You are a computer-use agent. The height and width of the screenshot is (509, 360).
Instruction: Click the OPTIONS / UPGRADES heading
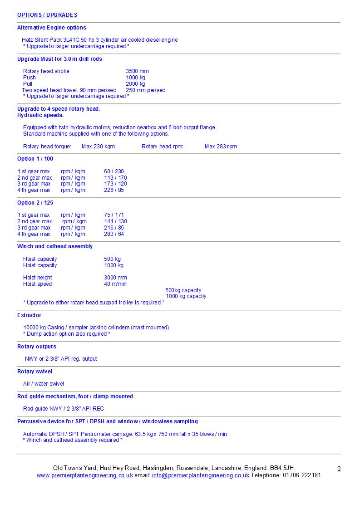[47, 15]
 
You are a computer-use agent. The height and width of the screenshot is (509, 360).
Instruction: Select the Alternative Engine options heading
[52, 28]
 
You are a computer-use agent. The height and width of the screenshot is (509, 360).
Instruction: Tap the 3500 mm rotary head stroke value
[137, 71]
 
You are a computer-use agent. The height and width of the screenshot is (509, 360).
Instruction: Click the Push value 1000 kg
[135, 78]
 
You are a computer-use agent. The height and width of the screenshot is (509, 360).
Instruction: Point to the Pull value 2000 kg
[135, 84]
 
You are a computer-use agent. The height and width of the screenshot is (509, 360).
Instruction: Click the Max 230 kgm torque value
[98, 147]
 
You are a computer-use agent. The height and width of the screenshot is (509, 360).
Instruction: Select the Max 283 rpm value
[221, 147]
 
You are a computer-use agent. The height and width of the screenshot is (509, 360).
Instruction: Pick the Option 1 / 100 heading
[35, 159]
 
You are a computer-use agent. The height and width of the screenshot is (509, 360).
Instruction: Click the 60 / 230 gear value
[114, 171]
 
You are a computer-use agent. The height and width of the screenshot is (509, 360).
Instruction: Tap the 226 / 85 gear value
[114, 190]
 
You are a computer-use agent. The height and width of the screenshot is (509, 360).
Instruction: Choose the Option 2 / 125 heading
[35, 203]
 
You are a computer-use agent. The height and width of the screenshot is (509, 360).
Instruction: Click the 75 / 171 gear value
[114, 215]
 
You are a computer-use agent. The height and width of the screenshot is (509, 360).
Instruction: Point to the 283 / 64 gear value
[114, 234]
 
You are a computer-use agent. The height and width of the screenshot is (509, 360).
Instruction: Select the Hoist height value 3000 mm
[115, 278]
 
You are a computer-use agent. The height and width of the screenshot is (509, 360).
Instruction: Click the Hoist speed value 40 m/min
[115, 284]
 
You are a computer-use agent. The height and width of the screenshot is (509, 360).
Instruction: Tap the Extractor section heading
[29, 315]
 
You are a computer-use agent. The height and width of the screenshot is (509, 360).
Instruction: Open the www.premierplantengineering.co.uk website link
[85, 475]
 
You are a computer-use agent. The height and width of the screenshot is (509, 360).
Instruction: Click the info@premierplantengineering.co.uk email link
[201, 475]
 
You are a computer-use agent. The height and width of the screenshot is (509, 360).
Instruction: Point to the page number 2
[339, 469]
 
